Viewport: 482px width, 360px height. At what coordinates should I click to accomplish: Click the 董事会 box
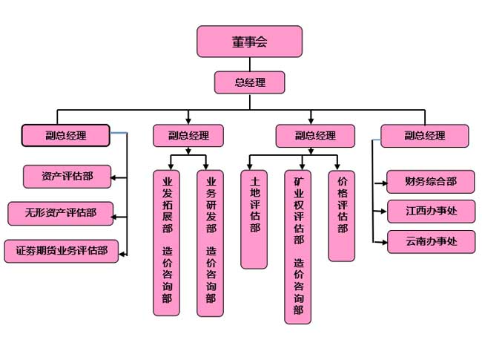tap(249, 42)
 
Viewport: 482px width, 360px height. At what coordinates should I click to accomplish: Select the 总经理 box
tap(249, 82)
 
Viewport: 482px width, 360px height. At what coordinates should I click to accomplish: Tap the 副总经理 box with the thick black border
tap(65, 135)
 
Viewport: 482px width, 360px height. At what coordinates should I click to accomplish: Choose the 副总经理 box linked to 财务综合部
tap(425, 136)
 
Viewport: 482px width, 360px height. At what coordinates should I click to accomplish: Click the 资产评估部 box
tap(67, 176)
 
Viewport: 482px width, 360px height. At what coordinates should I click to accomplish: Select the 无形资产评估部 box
tap(60, 213)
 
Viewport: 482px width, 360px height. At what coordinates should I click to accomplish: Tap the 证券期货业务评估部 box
tap(62, 251)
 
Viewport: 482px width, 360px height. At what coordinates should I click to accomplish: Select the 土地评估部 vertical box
tap(254, 219)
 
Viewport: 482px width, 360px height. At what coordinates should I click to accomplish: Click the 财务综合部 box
tap(430, 180)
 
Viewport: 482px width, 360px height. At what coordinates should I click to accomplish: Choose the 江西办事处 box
tap(430, 212)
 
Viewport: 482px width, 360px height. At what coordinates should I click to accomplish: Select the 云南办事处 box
tap(430, 242)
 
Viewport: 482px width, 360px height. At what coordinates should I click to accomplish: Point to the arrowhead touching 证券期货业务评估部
tap(123, 254)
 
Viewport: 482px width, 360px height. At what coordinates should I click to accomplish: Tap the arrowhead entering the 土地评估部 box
tap(250, 166)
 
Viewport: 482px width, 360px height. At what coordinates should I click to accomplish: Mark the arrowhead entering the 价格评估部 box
tap(338, 166)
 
